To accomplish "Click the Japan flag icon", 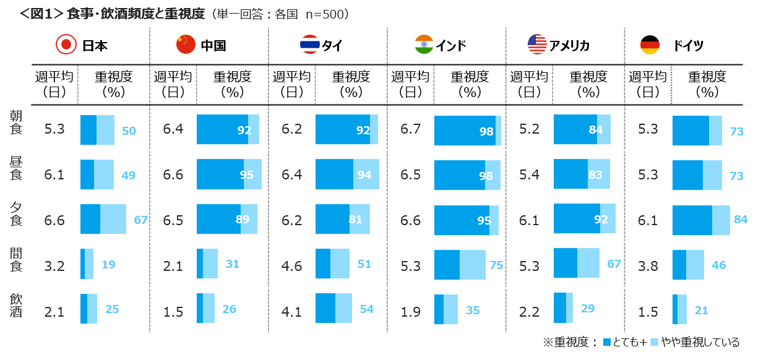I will click(66, 45).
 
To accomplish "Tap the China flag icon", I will click(186, 45).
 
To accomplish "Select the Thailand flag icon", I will click(309, 45).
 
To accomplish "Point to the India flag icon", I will click(424, 45).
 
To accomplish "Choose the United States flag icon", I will click(537, 44).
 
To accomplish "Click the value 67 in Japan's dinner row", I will click(140, 220).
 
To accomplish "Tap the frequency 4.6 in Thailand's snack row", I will click(291, 265).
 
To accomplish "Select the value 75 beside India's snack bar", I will click(496, 265).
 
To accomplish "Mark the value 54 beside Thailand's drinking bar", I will click(366, 309).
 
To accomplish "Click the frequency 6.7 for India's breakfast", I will click(410, 129).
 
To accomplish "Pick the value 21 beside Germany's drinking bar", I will click(701, 311).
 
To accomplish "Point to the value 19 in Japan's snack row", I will click(108, 265).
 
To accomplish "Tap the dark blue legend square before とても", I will click(607, 342).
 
